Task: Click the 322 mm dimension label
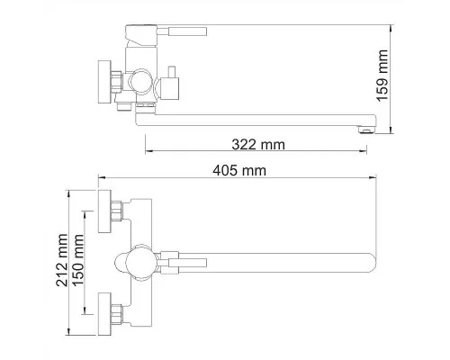258,145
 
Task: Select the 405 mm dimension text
239,171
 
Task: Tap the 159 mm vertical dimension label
382,76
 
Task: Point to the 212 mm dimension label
62,260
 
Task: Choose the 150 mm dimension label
78,260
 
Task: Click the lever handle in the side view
187,31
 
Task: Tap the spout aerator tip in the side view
366,130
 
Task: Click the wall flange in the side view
104,82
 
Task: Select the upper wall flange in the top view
104,211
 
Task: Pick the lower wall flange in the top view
104,314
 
